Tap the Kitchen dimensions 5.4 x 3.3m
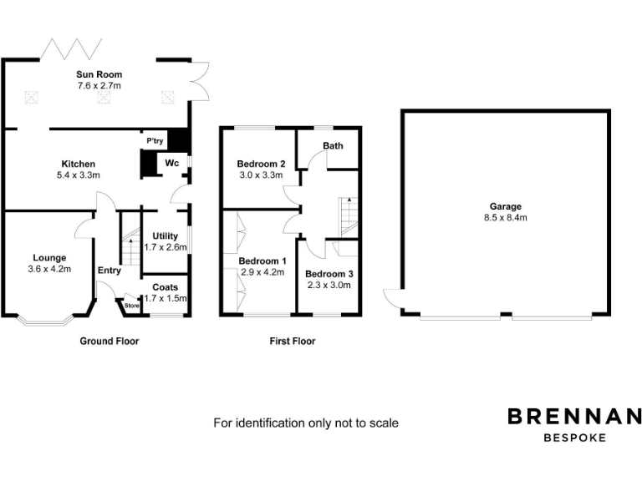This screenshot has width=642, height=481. [78, 175]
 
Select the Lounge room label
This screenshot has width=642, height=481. [49, 257]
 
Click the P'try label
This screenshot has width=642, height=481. [155, 142]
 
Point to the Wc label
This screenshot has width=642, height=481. [171, 162]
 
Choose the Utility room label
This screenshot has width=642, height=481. [165, 236]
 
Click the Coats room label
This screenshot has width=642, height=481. [165, 287]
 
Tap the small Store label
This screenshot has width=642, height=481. [131, 306]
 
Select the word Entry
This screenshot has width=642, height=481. [109, 270]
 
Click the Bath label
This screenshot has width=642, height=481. [333, 145]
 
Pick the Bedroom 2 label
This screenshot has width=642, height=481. [262, 164]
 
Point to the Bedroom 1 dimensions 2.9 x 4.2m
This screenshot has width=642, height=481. [262, 272]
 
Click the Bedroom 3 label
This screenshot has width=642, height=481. [329, 274]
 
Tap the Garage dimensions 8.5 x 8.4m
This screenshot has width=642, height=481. [506, 217]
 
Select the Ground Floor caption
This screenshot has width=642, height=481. [109, 341]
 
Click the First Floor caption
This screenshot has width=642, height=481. [292, 341]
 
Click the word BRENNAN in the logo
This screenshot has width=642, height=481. [575, 416]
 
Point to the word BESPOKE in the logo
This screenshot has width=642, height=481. [575, 437]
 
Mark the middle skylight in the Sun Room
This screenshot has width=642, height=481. [104, 98]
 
